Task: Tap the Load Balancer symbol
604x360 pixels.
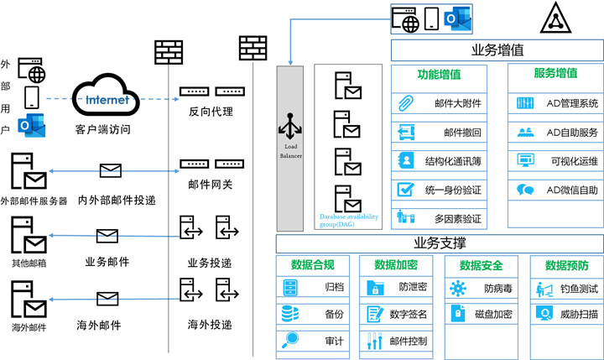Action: click(289, 126)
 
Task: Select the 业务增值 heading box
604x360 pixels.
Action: click(497, 50)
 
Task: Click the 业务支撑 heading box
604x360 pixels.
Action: click(440, 243)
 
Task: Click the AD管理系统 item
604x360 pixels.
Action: click(557, 104)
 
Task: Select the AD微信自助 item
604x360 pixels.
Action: click(557, 190)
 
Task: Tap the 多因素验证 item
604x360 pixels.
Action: click(441, 218)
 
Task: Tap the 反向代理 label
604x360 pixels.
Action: click(211, 112)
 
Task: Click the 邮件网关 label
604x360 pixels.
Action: click(211, 185)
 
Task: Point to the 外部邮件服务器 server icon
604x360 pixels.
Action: click(28, 173)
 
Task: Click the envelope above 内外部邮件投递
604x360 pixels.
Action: click(112, 171)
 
